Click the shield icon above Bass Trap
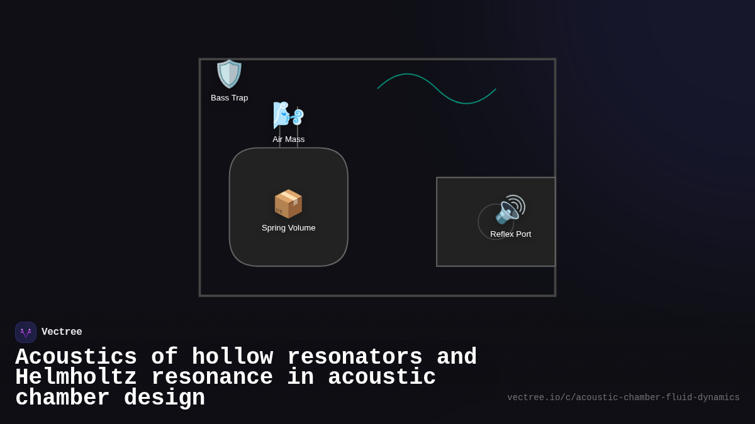point(229,74)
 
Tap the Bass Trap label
point(229,98)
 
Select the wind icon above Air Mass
point(288,115)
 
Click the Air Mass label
point(288,139)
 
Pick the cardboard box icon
point(288,204)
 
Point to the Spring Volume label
point(288,228)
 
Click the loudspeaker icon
point(510,209)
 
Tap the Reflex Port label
point(510,234)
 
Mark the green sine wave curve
point(437,89)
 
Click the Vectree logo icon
point(26,332)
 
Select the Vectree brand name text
point(62,332)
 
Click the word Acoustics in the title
point(76,357)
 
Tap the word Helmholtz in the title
point(76,378)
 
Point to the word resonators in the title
point(354,357)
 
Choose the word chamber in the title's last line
point(62,398)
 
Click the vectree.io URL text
point(623,398)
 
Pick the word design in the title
point(164,398)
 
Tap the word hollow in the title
point(232,357)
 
